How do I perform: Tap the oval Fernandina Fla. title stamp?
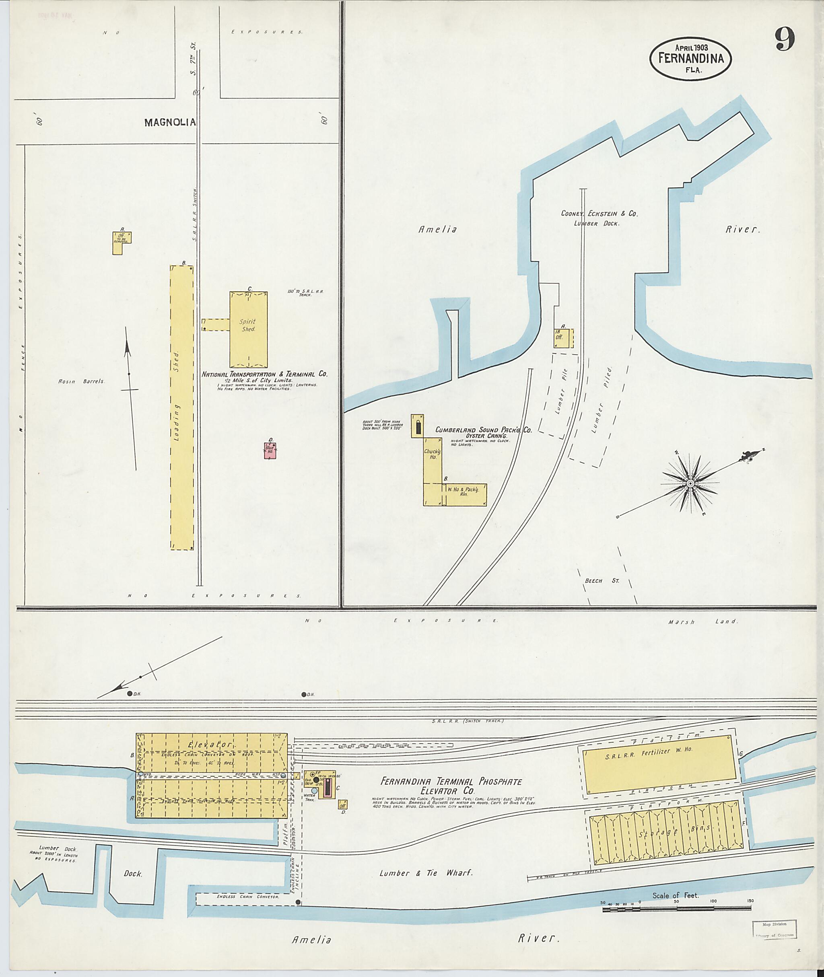(x=690, y=58)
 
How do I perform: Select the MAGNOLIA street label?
(x=169, y=122)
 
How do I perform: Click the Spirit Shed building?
(x=248, y=329)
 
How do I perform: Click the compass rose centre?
(x=690, y=483)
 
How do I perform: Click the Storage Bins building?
(x=665, y=833)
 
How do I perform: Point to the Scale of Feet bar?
(x=676, y=908)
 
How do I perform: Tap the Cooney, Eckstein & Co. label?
(x=599, y=214)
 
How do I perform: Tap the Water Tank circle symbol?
(x=314, y=791)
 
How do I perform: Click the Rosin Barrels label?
(x=82, y=382)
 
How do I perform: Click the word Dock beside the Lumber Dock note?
(x=133, y=873)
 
